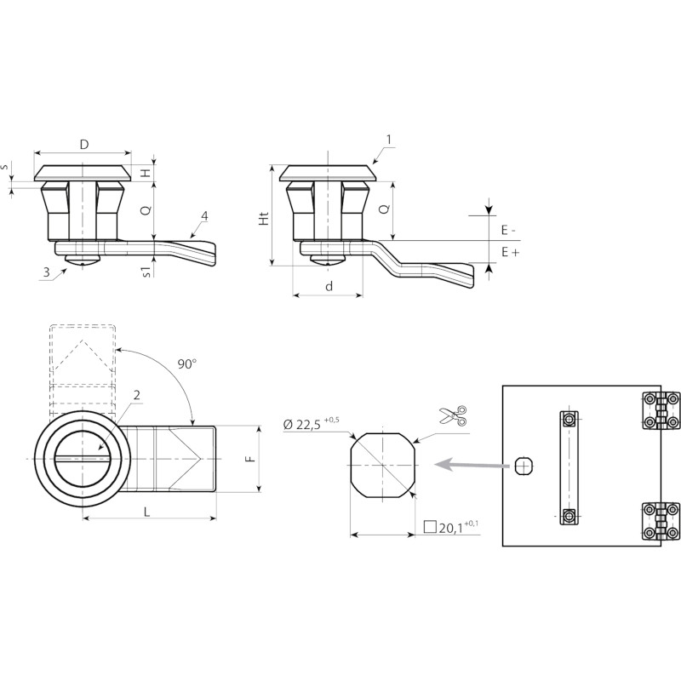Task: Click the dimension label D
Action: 84,144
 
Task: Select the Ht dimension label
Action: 264,219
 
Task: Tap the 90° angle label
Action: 187,364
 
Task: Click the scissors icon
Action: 453,415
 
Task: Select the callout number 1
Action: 389,140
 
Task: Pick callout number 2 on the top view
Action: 137,395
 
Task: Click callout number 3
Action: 46,272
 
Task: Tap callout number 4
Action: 204,216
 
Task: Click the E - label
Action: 508,230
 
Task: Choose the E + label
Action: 510,251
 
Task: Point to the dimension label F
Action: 250,459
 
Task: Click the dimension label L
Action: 146,512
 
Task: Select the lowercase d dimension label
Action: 329,286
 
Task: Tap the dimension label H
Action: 146,173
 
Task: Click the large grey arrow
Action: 472,465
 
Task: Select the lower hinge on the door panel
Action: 661,521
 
